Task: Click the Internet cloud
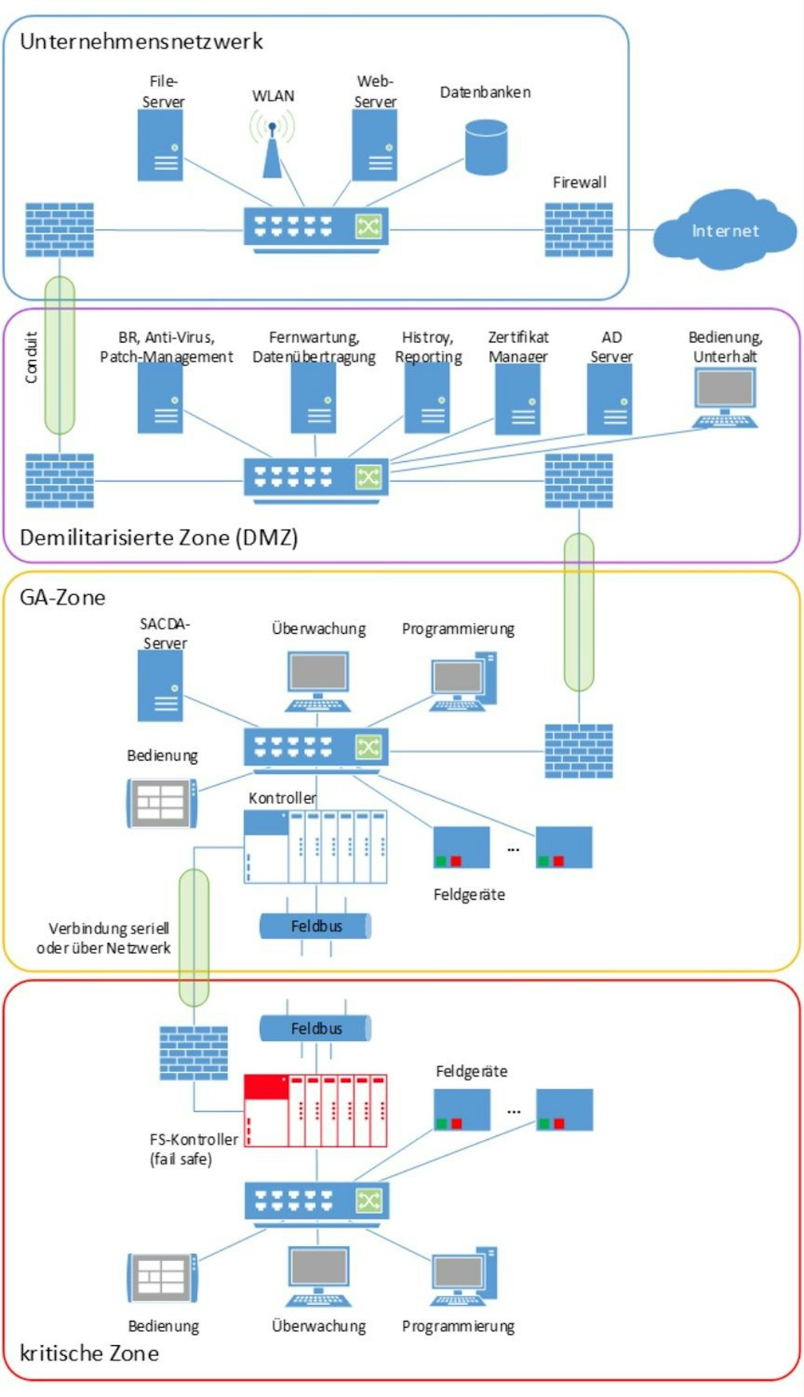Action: click(x=724, y=230)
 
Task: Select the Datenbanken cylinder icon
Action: click(x=485, y=147)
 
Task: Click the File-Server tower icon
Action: click(x=161, y=145)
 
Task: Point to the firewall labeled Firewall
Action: click(x=579, y=229)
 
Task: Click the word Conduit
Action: click(x=31, y=357)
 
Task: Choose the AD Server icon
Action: click(x=610, y=399)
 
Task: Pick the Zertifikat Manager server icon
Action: click(x=517, y=399)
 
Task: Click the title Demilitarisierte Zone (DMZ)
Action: click(x=159, y=538)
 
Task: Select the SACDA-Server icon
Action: click(x=160, y=686)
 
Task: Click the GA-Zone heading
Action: click(x=62, y=598)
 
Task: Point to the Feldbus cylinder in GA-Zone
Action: click(x=315, y=926)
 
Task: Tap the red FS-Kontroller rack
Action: click(x=315, y=1110)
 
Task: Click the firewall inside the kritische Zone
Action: click(x=194, y=1053)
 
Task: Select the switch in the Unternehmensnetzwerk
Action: click(x=316, y=229)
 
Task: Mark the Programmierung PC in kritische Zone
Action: click(x=463, y=1278)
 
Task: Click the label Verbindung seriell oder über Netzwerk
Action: click(x=104, y=938)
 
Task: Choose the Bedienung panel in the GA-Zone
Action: click(x=162, y=803)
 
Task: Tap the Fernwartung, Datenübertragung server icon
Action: click(x=313, y=398)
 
